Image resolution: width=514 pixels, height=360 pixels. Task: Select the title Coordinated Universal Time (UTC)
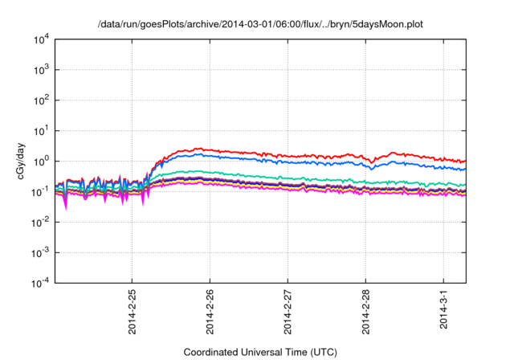pyautogui.click(x=260, y=351)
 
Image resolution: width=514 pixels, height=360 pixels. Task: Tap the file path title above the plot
pyautogui.click(x=260, y=25)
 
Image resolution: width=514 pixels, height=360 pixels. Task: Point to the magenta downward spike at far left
pyautogui.click(x=65, y=207)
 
